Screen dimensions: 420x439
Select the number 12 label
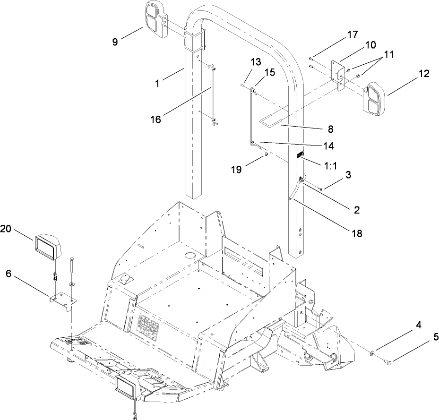click(x=423, y=74)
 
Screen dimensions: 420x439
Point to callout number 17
click(x=353, y=34)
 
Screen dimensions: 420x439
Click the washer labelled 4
click(x=373, y=352)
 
